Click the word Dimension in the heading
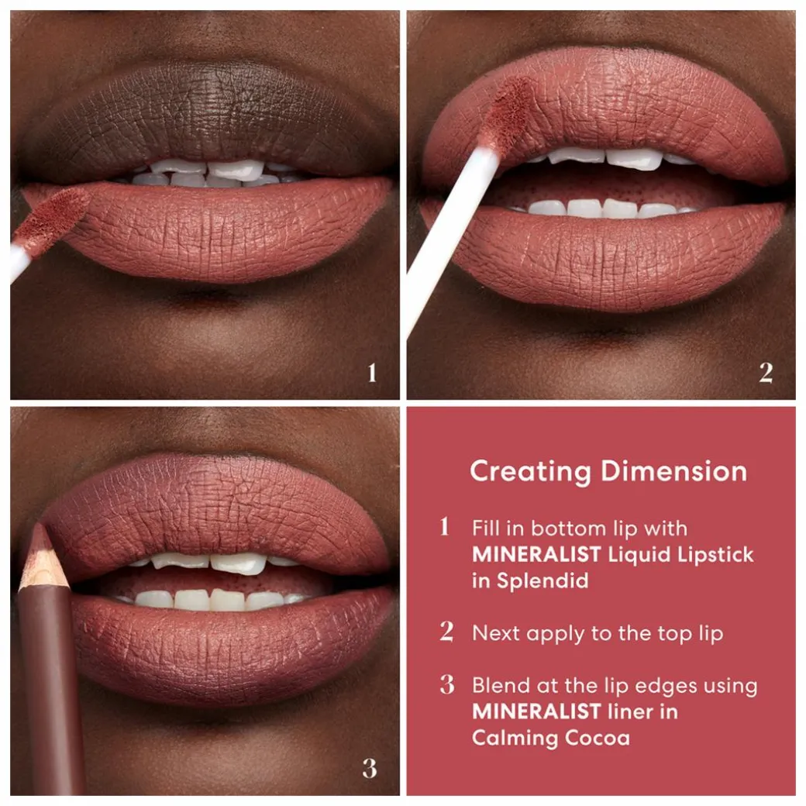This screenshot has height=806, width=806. pyautogui.click(x=674, y=471)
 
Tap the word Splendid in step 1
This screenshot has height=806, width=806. pyautogui.click(x=542, y=580)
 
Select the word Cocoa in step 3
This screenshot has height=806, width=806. pyautogui.click(x=598, y=738)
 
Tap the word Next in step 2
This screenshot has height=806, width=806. pyautogui.click(x=495, y=633)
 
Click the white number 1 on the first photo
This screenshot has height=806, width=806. pyautogui.click(x=372, y=373)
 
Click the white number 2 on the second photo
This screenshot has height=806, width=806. pyautogui.click(x=766, y=373)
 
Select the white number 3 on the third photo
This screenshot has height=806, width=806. pyautogui.click(x=370, y=769)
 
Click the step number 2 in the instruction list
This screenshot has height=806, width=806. pyautogui.click(x=446, y=632)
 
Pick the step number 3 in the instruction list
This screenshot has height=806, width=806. pyautogui.click(x=447, y=684)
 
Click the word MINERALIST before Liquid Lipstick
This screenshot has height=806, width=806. pyautogui.click(x=536, y=555)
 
